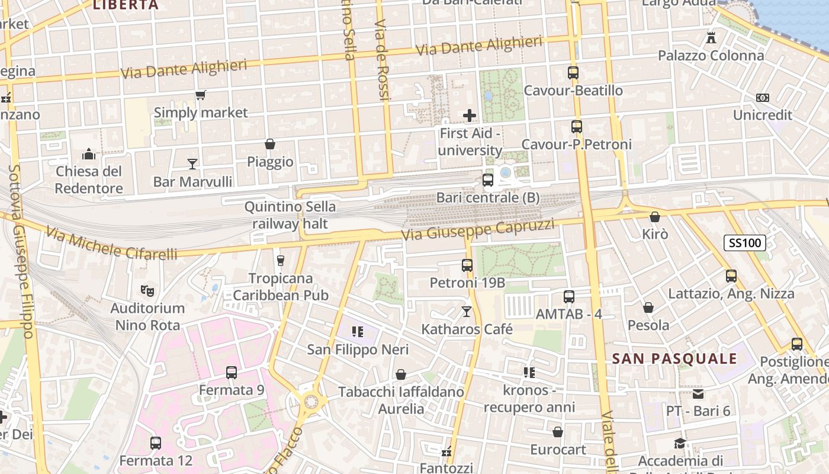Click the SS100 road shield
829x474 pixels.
pyautogui.click(x=745, y=242)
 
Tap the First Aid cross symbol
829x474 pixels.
pyautogui.click(x=470, y=115)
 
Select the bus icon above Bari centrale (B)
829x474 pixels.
pyautogui.click(x=488, y=180)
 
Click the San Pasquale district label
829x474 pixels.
pyautogui.click(x=674, y=358)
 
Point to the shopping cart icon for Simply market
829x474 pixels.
pyautogui.click(x=201, y=95)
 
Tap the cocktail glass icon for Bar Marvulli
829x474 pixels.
pyautogui.click(x=192, y=164)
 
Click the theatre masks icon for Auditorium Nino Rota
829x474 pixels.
pyautogui.click(x=147, y=290)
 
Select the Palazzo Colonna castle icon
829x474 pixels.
pyautogui.click(x=711, y=38)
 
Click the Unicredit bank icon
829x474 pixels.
pyautogui.click(x=762, y=98)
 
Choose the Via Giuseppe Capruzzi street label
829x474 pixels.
pyautogui.click(x=478, y=229)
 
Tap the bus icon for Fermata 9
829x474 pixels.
pyautogui.click(x=232, y=373)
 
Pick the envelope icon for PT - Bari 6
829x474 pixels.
pyautogui.click(x=698, y=394)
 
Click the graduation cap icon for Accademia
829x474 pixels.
pyautogui.click(x=680, y=443)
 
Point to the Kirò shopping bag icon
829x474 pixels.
pyautogui.click(x=654, y=217)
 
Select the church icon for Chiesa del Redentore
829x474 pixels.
pyautogui.click(x=89, y=154)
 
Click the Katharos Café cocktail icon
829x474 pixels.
pyautogui.click(x=467, y=311)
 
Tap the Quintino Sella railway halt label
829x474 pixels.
pyautogui.click(x=290, y=215)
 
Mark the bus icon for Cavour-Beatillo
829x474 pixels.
pyautogui.click(x=573, y=73)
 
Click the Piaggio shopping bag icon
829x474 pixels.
pyautogui.click(x=270, y=144)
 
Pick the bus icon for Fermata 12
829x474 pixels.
pyautogui.click(x=156, y=443)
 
